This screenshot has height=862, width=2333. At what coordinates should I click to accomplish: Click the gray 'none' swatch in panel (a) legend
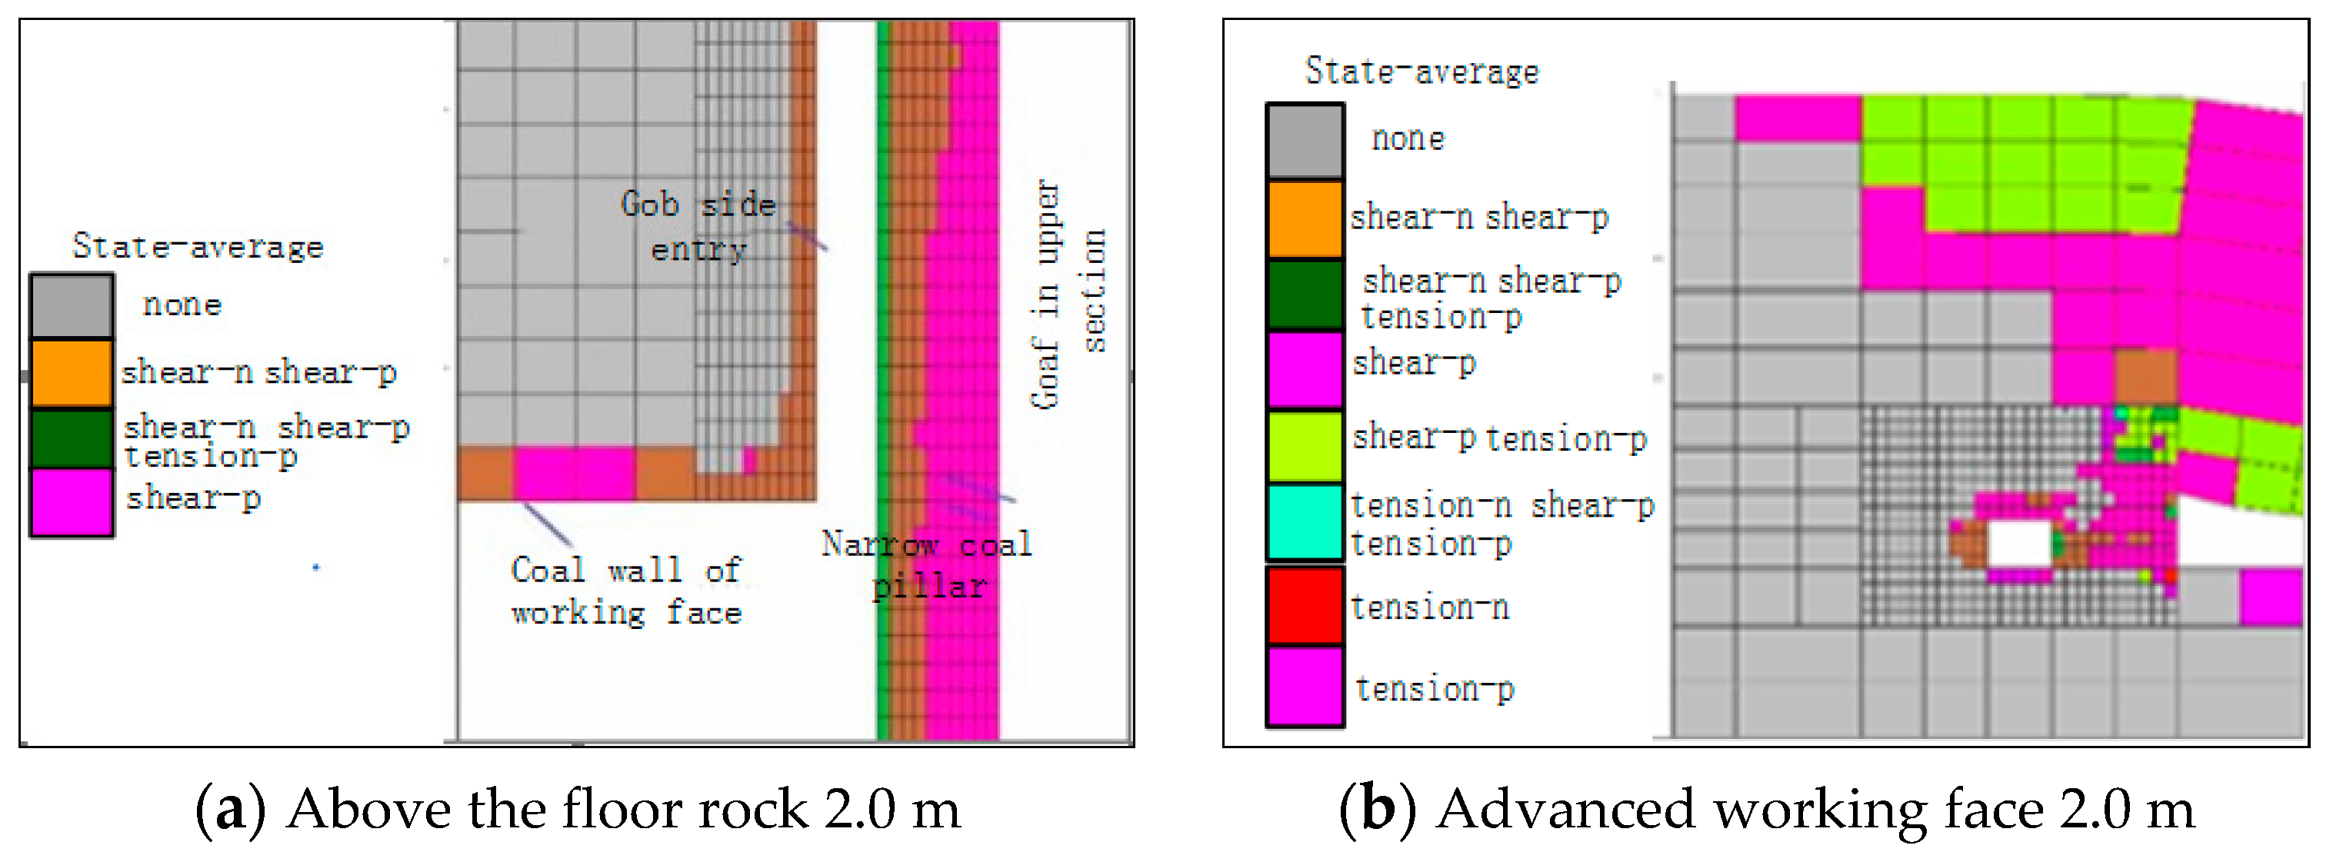tap(72, 306)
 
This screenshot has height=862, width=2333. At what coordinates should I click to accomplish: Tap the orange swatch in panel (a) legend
tap(72, 372)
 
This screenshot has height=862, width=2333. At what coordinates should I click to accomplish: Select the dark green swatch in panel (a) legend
tap(72, 438)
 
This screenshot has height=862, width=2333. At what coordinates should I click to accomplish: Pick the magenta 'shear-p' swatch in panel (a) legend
tap(72, 501)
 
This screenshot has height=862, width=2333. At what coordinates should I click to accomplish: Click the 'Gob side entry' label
tap(698, 226)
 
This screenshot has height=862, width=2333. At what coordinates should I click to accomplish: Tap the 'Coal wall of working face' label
tap(627, 591)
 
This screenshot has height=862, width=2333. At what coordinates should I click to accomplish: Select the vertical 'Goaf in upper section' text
tap(1068, 295)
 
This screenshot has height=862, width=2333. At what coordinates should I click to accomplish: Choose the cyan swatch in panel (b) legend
tap(1304, 522)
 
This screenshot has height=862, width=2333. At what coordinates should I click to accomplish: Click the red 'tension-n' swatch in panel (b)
tap(1304, 605)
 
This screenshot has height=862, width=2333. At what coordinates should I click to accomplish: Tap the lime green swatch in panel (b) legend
tap(1304, 445)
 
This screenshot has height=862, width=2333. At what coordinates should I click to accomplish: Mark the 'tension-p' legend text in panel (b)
tap(1435, 689)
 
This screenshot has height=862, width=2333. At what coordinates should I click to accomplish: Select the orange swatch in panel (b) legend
tap(1304, 218)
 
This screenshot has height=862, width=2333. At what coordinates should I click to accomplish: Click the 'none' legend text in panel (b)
tap(1408, 138)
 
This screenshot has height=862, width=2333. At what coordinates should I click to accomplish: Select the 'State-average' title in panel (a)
tap(198, 246)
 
